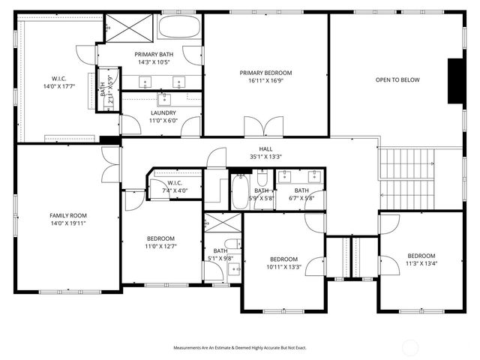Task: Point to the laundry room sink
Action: [x=164, y=98]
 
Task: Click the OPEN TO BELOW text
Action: [x=397, y=79]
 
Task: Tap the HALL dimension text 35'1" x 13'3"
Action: [x=265, y=157]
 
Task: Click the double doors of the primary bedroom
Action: [x=263, y=126]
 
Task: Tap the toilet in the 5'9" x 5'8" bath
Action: [x=262, y=178]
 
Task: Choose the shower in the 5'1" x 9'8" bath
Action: [x=223, y=223]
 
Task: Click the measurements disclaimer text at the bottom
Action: [x=239, y=348]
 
